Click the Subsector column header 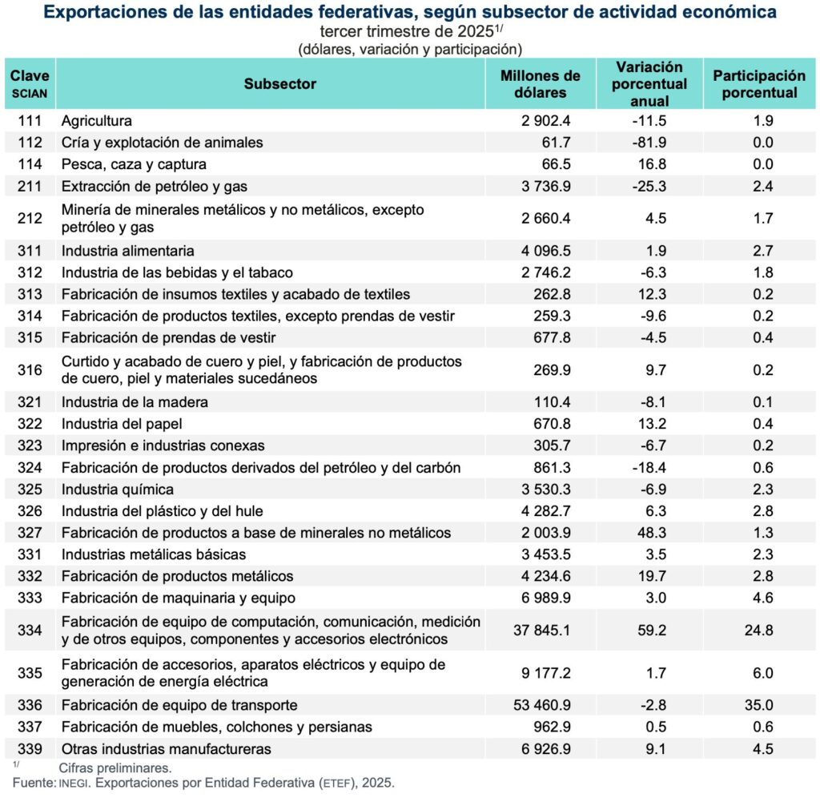click(279, 84)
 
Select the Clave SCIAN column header click(30, 83)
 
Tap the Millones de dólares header click(540, 84)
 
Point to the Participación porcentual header click(759, 84)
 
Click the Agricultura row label click(96, 121)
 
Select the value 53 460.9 click(541, 706)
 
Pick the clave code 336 click(30, 706)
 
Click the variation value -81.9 click(649, 143)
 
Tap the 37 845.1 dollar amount click(541, 630)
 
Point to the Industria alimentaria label click(127, 251)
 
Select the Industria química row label click(117, 489)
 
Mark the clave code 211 click(30, 186)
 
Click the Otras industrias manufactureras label click(166, 749)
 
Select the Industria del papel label click(119, 424)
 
